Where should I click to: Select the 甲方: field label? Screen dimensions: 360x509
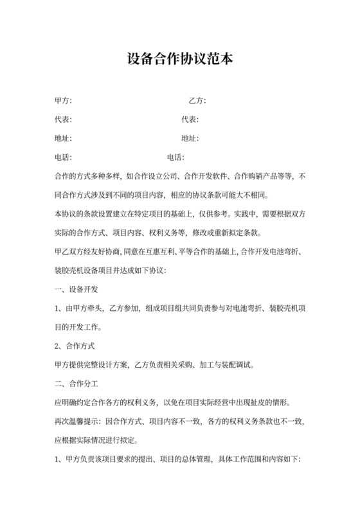[64, 101]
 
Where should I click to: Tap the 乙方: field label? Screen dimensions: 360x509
[197, 101]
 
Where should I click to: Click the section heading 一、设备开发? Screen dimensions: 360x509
[76, 289]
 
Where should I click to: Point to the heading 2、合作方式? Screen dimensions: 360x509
[75, 346]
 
